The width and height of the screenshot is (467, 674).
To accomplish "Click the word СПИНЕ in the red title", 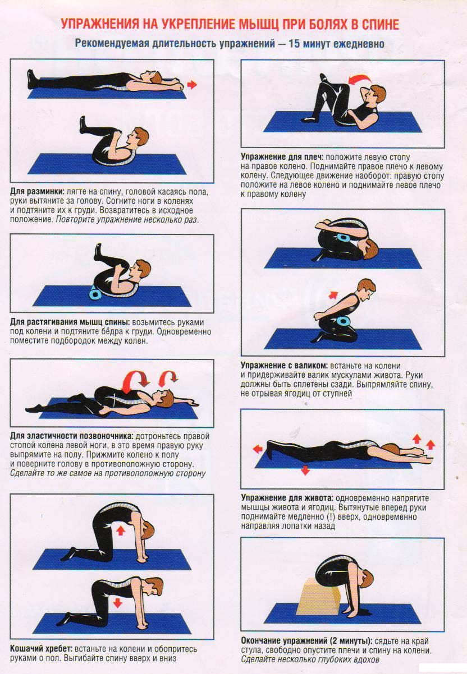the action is [x=380, y=24].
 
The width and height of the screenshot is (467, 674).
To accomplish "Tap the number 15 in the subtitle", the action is [x=294, y=44].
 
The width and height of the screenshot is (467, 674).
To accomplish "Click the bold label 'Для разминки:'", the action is [x=37, y=192].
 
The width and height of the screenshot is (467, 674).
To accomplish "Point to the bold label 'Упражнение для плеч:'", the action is [x=282, y=157].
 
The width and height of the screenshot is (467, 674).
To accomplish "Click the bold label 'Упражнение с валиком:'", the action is [x=284, y=366].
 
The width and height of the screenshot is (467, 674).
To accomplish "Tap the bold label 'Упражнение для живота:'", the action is [x=287, y=498].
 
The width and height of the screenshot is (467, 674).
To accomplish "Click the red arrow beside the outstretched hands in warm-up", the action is [x=192, y=85].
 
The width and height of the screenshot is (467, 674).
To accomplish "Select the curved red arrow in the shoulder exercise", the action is [x=360, y=79].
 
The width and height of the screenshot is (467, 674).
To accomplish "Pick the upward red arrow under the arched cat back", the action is [x=121, y=530].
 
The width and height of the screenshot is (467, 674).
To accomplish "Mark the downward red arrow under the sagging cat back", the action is [x=117, y=603].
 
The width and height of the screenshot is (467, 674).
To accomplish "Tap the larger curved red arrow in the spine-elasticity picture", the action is [x=136, y=378].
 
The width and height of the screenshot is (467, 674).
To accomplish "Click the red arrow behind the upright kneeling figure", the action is [x=333, y=295].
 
